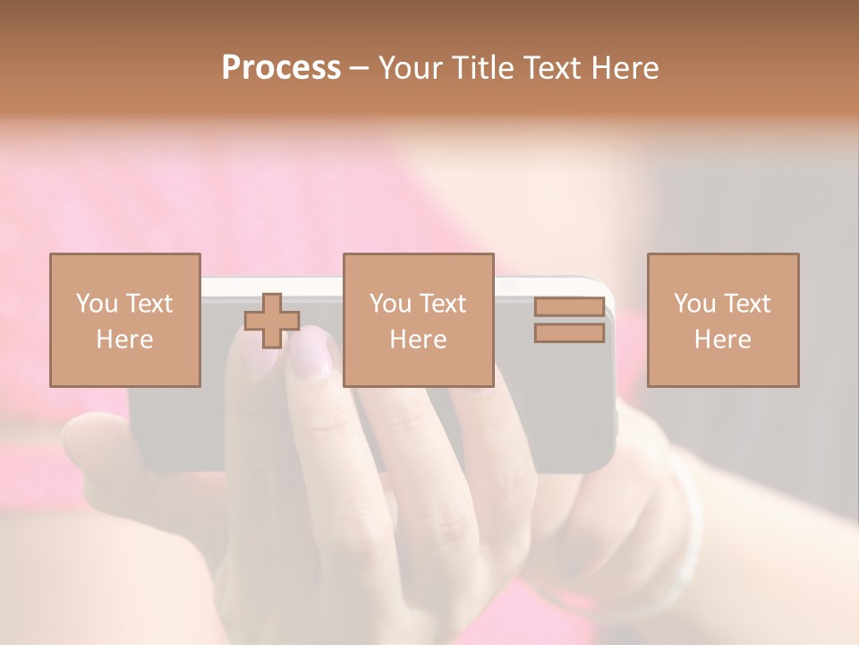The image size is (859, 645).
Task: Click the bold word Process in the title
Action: [x=281, y=68]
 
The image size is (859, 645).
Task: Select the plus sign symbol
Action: [x=272, y=321]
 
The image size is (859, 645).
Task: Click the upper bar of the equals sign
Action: [x=569, y=306]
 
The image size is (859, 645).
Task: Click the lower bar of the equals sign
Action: [x=569, y=333]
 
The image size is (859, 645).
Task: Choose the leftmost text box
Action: [x=124, y=320]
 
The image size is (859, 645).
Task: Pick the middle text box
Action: [x=418, y=320]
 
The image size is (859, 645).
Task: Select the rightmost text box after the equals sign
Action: [x=722, y=320]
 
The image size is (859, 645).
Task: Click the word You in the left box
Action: [x=97, y=304]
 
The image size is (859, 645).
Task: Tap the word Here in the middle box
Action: [x=418, y=340]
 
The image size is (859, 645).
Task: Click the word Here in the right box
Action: [x=722, y=340]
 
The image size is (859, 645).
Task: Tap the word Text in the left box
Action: [x=149, y=304]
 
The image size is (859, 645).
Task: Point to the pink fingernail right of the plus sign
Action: [x=310, y=351]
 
